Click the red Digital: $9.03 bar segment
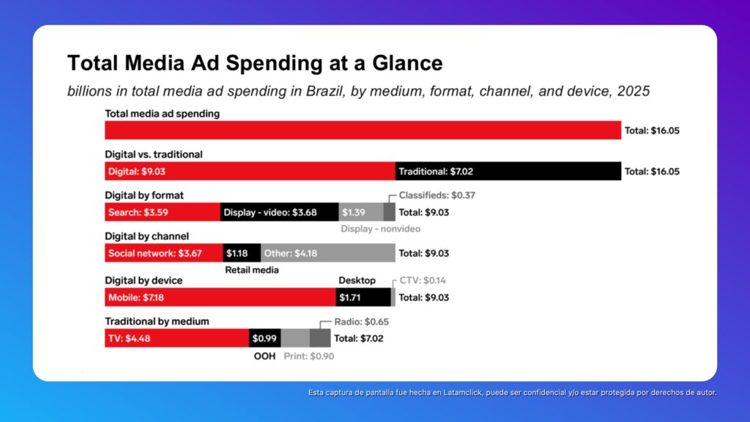pyautogui.click(x=250, y=171)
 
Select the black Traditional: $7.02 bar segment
pyautogui.click(x=508, y=171)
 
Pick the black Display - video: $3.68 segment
pyautogui.click(x=279, y=212)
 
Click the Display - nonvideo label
pyautogui.click(x=381, y=229)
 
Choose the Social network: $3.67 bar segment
pyautogui.click(x=164, y=253)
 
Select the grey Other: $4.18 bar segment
pyautogui.click(x=327, y=253)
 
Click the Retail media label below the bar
pyautogui.click(x=251, y=270)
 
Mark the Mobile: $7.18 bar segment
pyautogui.click(x=220, y=297)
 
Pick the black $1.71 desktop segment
pyautogui.click(x=363, y=297)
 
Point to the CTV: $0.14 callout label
pyautogui.click(x=424, y=281)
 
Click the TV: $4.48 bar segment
pyautogui.click(x=177, y=338)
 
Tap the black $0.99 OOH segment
pyautogui.click(x=264, y=338)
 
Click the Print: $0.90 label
pyautogui.click(x=308, y=357)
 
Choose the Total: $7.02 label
pyautogui.click(x=359, y=338)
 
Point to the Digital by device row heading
pyautogui.click(x=144, y=281)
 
